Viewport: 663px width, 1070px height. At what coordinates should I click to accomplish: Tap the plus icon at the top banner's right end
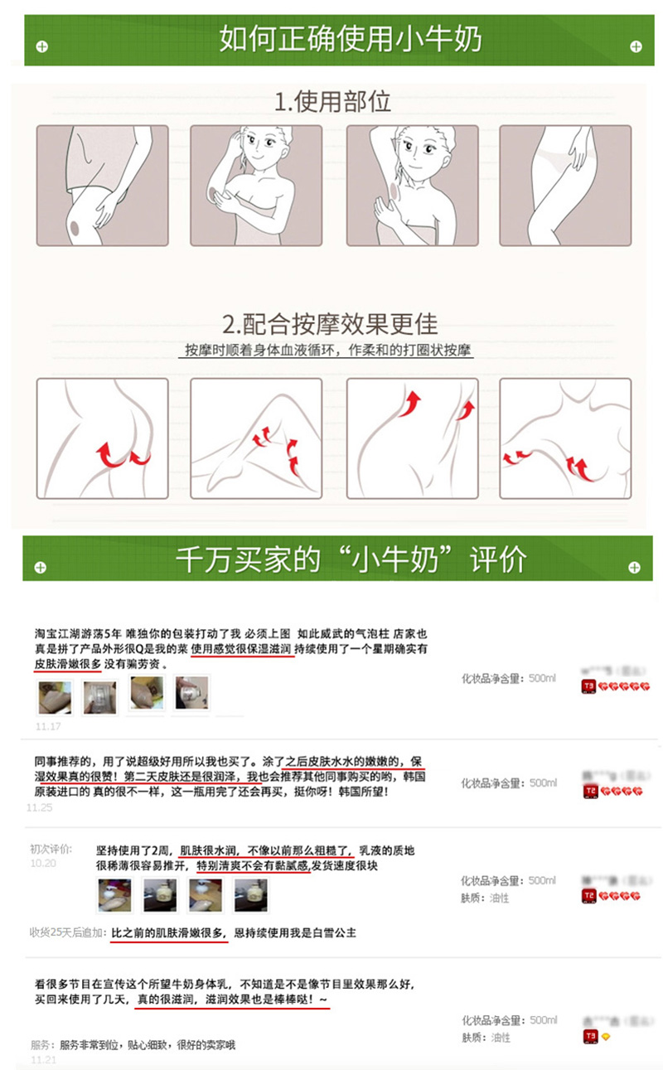click(636, 46)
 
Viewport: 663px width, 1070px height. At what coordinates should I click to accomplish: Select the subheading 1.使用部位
click(332, 102)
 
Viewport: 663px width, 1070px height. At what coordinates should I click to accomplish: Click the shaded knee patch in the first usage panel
click(74, 223)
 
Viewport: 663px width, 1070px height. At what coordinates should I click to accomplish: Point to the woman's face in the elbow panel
click(264, 149)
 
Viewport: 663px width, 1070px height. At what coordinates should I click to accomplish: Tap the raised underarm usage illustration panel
click(412, 186)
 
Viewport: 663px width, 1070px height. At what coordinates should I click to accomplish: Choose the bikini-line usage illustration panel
click(565, 186)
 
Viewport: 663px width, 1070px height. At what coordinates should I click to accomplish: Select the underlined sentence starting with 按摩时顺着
click(329, 350)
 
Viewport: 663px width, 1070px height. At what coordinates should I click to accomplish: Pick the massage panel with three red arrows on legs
click(256, 438)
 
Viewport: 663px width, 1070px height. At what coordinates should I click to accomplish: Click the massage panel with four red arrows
click(565, 438)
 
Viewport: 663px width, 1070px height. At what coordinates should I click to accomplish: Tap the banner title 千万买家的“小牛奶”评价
click(350, 559)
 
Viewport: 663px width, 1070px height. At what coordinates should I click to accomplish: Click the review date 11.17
click(47, 726)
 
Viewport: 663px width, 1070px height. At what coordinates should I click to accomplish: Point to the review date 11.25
click(39, 806)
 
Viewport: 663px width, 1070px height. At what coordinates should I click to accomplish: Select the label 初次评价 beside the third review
click(51, 849)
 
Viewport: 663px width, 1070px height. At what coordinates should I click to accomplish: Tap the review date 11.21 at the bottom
click(43, 1059)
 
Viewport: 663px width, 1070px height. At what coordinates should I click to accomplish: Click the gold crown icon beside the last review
click(605, 1036)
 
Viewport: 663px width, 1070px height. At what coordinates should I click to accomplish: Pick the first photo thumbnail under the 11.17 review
click(55, 695)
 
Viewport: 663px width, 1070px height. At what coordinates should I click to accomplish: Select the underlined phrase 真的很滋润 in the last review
click(166, 1000)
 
